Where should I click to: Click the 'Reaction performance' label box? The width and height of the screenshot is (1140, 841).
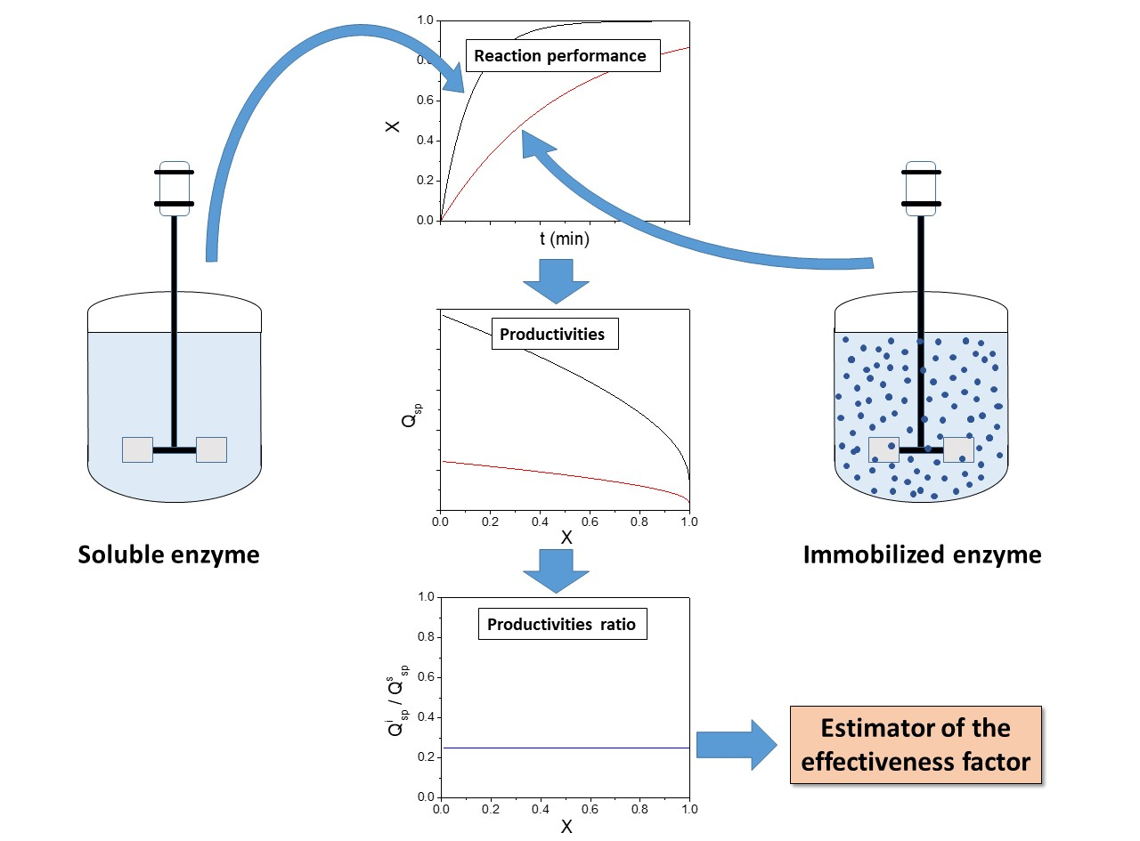pyautogui.click(x=560, y=56)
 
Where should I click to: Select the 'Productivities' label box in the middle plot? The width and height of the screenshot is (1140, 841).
pyautogui.click(x=552, y=335)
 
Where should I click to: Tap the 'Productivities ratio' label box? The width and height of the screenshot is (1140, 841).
pyautogui.click(x=561, y=625)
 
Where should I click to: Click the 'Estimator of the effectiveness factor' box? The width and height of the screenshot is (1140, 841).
pyautogui.click(x=916, y=745)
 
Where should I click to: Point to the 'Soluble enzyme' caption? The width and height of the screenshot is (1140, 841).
pyautogui.click(x=169, y=555)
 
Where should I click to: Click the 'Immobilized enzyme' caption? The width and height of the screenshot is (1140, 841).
pyautogui.click(x=922, y=555)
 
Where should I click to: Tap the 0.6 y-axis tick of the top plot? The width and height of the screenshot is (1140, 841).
pyautogui.click(x=424, y=101)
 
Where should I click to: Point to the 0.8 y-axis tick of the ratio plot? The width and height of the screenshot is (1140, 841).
pyautogui.click(x=424, y=637)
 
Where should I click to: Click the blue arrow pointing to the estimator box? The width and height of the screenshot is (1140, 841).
pyautogui.click(x=737, y=745)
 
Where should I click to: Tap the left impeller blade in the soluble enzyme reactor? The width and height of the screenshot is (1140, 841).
pyautogui.click(x=137, y=450)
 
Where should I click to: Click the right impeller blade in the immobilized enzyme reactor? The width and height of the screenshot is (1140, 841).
pyautogui.click(x=958, y=449)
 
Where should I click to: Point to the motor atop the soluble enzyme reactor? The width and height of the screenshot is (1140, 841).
pyautogui.click(x=174, y=189)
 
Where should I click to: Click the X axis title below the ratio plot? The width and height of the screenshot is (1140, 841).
pyautogui.click(x=566, y=827)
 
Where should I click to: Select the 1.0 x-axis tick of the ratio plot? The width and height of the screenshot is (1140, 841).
pyautogui.click(x=688, y=809)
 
